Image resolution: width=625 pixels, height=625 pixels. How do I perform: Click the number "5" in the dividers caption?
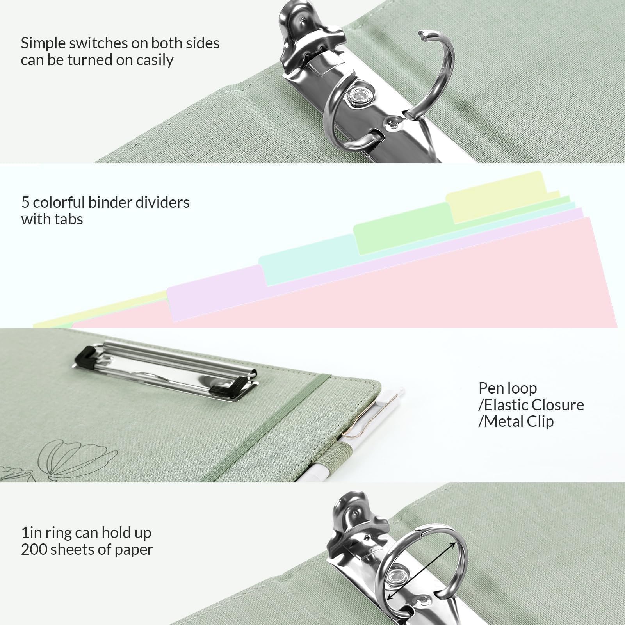point(25,203)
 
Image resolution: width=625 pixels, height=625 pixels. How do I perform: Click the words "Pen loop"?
point(507,388)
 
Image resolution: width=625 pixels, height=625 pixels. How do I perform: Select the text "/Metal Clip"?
point(516,422)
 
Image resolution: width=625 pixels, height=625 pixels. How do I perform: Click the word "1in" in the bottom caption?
point(31,533)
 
